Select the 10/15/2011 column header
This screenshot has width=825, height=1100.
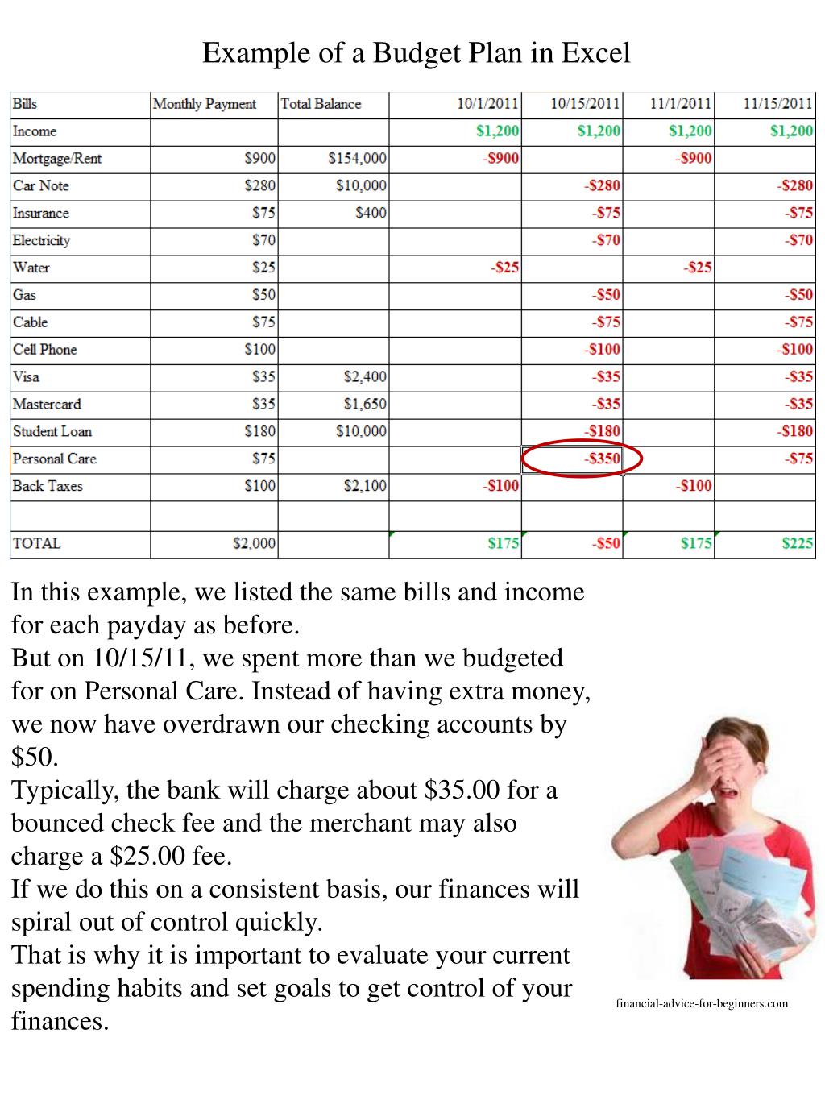pos(585,104)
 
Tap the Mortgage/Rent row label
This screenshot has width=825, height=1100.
pos(57,159)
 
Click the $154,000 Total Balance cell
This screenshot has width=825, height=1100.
pos(357,159)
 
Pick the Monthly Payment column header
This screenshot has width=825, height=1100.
pos(205,104)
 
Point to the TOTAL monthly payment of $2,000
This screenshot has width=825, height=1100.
pos(254,544)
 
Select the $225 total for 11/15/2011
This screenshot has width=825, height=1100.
pos(797,544)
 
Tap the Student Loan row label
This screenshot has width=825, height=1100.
pos(52,432)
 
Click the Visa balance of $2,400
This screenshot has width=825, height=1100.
pos(364,377)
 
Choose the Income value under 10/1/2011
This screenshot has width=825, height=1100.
pos(497,131)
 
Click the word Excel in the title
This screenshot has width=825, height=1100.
pos(595,53)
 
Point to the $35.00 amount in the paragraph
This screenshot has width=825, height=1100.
pos(461,790)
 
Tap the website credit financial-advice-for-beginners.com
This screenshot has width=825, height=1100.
pos(702,1003)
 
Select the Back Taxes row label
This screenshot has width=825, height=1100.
pos(48,487)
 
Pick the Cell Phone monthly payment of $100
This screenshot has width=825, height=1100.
pos(259,350)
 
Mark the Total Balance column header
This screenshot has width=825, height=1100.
pos(321,104)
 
